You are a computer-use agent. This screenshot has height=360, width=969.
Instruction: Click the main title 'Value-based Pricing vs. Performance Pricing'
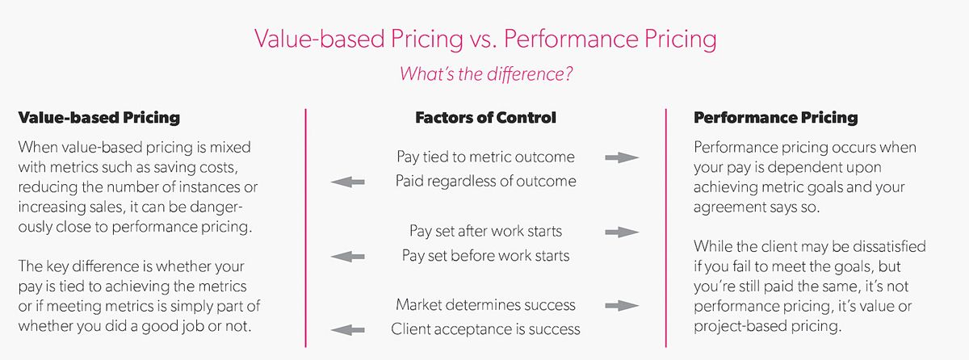coord(484,39)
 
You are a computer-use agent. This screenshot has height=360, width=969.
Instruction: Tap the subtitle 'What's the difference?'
coord(484,73)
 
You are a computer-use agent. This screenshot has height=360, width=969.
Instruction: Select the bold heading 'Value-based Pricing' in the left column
coord(99,118)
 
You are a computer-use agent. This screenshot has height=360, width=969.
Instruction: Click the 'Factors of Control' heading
coord(485,118)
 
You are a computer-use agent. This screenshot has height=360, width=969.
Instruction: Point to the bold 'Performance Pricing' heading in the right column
coord(776,118)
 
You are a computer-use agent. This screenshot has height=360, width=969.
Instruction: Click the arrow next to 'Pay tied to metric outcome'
coord(622,157)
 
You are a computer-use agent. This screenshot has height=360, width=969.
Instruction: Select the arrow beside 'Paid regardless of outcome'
coord(347,182)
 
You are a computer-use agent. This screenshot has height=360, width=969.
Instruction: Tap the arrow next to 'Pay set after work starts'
coord(622,232)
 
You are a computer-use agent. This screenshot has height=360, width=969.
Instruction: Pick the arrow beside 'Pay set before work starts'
coord(347,257)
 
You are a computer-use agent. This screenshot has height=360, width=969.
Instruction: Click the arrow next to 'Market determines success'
coord(622,305)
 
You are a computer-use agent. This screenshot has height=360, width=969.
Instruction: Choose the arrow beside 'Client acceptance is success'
coord(347,329)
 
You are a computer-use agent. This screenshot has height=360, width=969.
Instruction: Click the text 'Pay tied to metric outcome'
coord(485,157)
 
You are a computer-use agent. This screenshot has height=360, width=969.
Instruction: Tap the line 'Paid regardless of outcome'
coord(485,182)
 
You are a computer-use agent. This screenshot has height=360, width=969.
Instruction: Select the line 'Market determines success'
coord(485,305)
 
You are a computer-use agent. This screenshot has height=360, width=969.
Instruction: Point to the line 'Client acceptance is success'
coord(485,329)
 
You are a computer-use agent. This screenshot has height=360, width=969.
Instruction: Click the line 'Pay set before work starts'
coord(485,256)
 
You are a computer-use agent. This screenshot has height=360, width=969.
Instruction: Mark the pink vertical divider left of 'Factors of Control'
coord(306,230)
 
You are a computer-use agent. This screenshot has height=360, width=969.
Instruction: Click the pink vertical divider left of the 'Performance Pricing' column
coord(666,230)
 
